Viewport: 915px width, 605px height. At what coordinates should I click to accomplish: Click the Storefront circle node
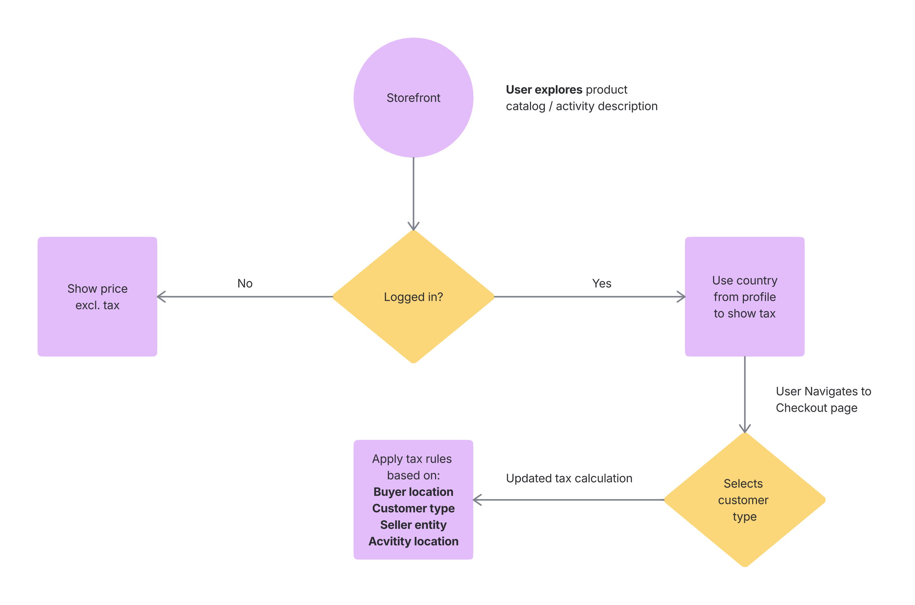click(x=413, y=98)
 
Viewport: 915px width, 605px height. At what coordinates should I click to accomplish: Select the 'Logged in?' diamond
click(x=413, y=297)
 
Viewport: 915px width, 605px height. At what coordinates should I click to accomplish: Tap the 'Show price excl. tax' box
click(x=97, y=297)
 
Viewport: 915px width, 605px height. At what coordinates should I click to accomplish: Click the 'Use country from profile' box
click(x=745, y=297)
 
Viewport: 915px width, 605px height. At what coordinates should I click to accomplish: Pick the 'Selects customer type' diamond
click(x=745, y=500)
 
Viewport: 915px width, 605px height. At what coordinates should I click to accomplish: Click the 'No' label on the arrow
click(x=245, y=284)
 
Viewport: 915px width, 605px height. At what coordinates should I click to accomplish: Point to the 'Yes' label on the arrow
click(x=601, y=284)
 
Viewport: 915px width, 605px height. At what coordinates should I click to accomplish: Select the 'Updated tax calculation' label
click(x=569, y=479)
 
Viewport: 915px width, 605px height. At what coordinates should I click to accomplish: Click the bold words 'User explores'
click(x=544, y=90)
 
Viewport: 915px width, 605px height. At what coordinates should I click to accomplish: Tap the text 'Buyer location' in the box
click(x=413, y=492)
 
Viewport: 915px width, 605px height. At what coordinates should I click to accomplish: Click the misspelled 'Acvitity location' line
click(x=413, y=541)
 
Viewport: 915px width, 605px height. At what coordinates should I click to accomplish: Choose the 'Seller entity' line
click(x=413, y=525)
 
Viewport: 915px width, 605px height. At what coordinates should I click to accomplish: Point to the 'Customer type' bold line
click(x=413, y=509)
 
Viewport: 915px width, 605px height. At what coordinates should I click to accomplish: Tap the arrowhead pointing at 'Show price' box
click(x=161, y=297)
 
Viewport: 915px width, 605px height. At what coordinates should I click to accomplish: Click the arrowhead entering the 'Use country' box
click(x=681, y=297)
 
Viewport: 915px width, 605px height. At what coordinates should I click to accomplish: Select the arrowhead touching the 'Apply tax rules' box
click(x=477, y=500)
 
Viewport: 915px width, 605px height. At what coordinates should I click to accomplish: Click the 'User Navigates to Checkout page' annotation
click(x=823, y=400)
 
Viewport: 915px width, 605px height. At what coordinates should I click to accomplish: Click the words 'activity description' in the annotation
click(x=606, y=106)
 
